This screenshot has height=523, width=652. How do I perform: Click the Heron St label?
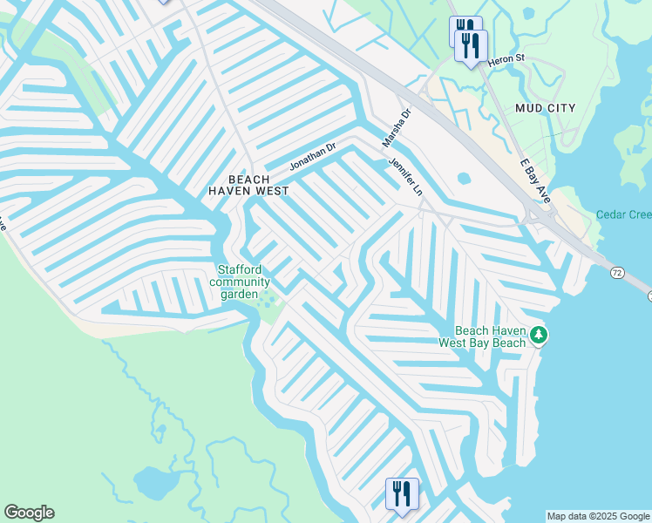[x=506, y=59]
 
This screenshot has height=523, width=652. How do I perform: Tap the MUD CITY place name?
[x=546, y=108]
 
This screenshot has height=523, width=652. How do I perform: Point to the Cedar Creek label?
[x=623, y=214]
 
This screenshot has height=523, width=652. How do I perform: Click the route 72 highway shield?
[x=617, y=273]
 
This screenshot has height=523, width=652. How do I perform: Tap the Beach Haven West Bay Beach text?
[x=492, y=336]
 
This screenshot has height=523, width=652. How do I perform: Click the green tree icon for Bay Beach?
[x=540, y=335]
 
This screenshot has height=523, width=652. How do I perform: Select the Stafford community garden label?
[x=240, y=282]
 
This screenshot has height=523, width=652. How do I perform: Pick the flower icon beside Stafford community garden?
[x=268, y=302]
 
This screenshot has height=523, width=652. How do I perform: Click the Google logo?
[x=29, y=513]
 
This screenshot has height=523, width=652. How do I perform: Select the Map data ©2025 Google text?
[x=598, y=516]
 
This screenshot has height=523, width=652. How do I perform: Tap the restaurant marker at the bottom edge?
[x=401, y=494]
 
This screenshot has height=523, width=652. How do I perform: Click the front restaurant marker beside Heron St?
[x=472, y=45]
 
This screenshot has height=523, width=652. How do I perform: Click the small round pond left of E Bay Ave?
[x=464, y=179]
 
